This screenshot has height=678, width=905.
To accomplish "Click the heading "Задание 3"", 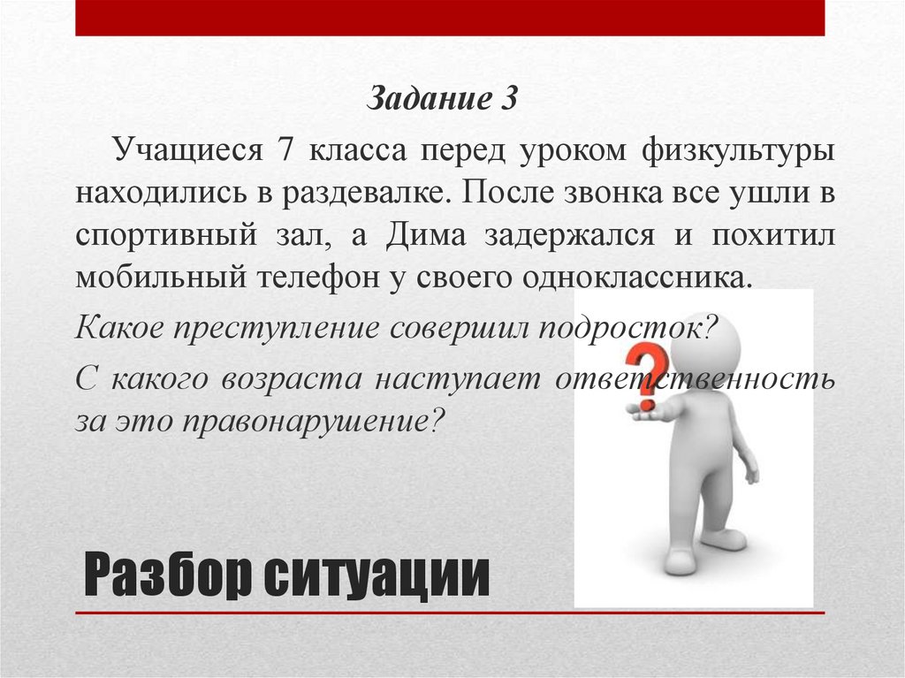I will [x=441, y=97].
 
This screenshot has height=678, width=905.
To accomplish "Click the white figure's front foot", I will [x=681, y=560].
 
